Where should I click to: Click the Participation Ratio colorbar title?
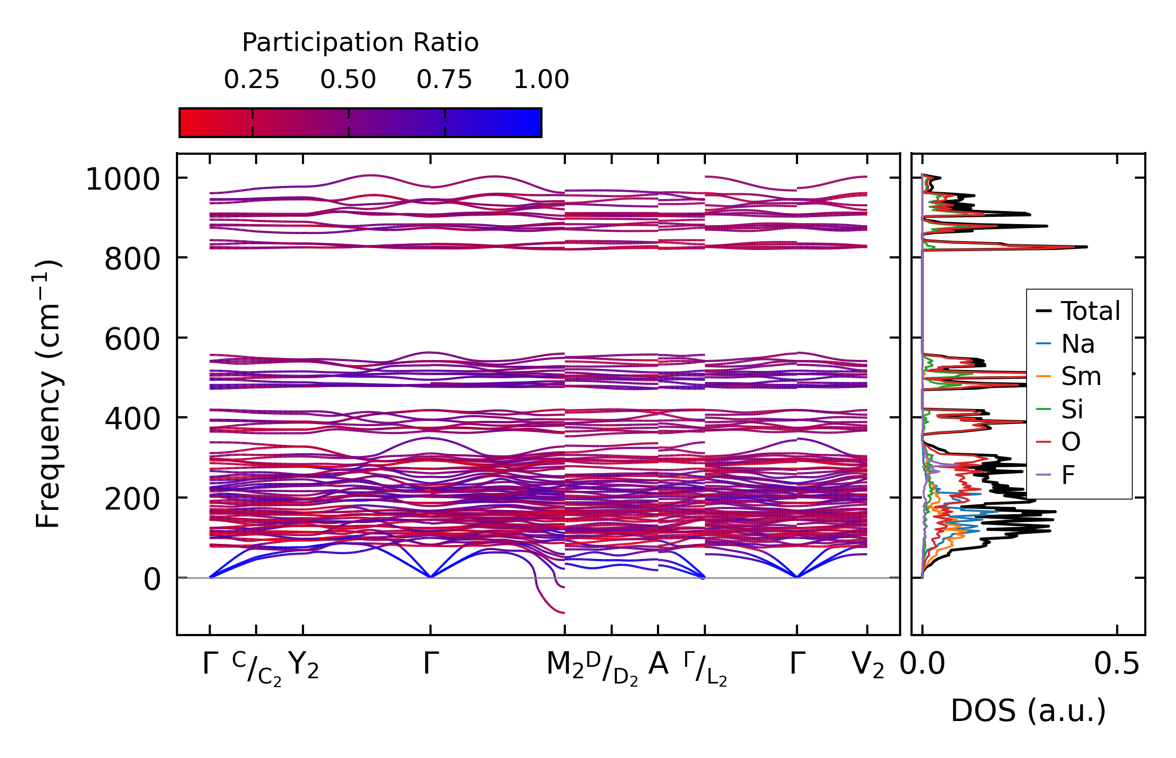[x=360, y=43]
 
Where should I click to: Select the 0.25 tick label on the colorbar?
[x=252, y=80]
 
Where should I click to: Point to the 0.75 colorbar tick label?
[x=444, y=80]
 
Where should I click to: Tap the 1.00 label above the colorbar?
[x=541, y=80]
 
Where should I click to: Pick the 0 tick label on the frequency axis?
[x=152, y=579]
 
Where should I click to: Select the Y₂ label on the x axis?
[x=303, y=665]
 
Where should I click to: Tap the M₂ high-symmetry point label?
[x=565, y=665]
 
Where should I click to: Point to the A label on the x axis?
[x=658, y=664]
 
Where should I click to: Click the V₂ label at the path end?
[x=867, y=665]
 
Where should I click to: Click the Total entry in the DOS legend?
[x=1090, y=312]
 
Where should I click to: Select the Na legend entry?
[x=1078, y=344]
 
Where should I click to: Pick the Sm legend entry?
[x=1081, y=377]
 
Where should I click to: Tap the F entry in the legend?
[x=1068, y=475]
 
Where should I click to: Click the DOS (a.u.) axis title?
[x=1028, y=711]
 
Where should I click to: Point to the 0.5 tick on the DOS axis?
[x=1117, y=665]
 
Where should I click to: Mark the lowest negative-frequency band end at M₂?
[x=564, y=613]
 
